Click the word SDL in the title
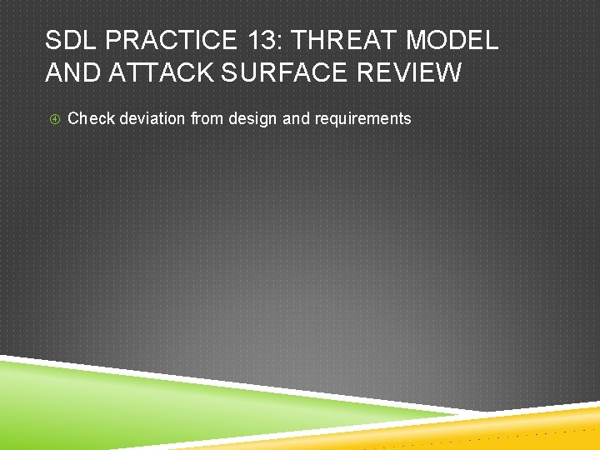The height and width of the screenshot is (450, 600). (x=72, y=39)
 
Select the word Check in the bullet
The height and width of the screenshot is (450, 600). (x=91, y=118)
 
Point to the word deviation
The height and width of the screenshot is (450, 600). (x=153, y=118)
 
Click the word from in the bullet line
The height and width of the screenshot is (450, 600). (x=207, y=118)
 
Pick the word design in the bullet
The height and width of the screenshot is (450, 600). (x=253, y=118)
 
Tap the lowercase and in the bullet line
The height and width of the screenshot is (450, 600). (x=295, y=118)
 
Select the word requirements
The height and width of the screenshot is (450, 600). (x=362, y=118)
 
